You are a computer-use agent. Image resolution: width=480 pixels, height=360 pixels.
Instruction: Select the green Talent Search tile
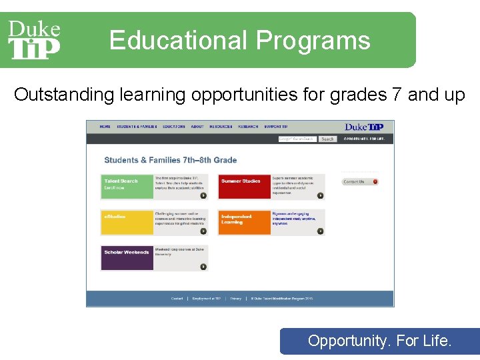click(127, 187)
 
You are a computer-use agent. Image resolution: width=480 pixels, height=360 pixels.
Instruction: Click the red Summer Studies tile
click(244, 187)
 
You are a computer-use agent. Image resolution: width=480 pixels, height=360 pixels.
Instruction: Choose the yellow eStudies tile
click(127, 222)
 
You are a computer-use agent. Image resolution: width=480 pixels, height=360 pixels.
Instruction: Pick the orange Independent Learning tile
click(244, 222)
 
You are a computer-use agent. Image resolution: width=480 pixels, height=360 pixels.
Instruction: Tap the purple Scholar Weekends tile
click(127, 258)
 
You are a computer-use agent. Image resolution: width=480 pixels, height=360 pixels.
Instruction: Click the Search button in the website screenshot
click(327, 139)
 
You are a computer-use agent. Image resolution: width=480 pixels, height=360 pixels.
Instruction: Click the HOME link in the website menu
click(105, 127)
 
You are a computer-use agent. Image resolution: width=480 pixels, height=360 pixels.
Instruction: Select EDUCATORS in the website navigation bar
click(174, 127)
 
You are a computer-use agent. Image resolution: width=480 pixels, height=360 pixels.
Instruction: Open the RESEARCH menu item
click(248, 127)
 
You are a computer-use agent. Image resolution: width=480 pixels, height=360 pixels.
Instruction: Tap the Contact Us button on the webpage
click(360, 181)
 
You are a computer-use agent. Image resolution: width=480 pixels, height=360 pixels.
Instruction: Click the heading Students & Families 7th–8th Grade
click(171, 160)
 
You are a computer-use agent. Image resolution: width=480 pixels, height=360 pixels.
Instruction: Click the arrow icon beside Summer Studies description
click(320, 195)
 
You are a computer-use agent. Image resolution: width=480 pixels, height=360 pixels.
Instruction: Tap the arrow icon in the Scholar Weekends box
click(203, 267)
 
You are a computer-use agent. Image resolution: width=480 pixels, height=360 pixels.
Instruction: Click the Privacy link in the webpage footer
click(236, 299)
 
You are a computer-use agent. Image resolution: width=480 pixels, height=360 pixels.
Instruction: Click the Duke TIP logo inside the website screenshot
click(365, 127)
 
